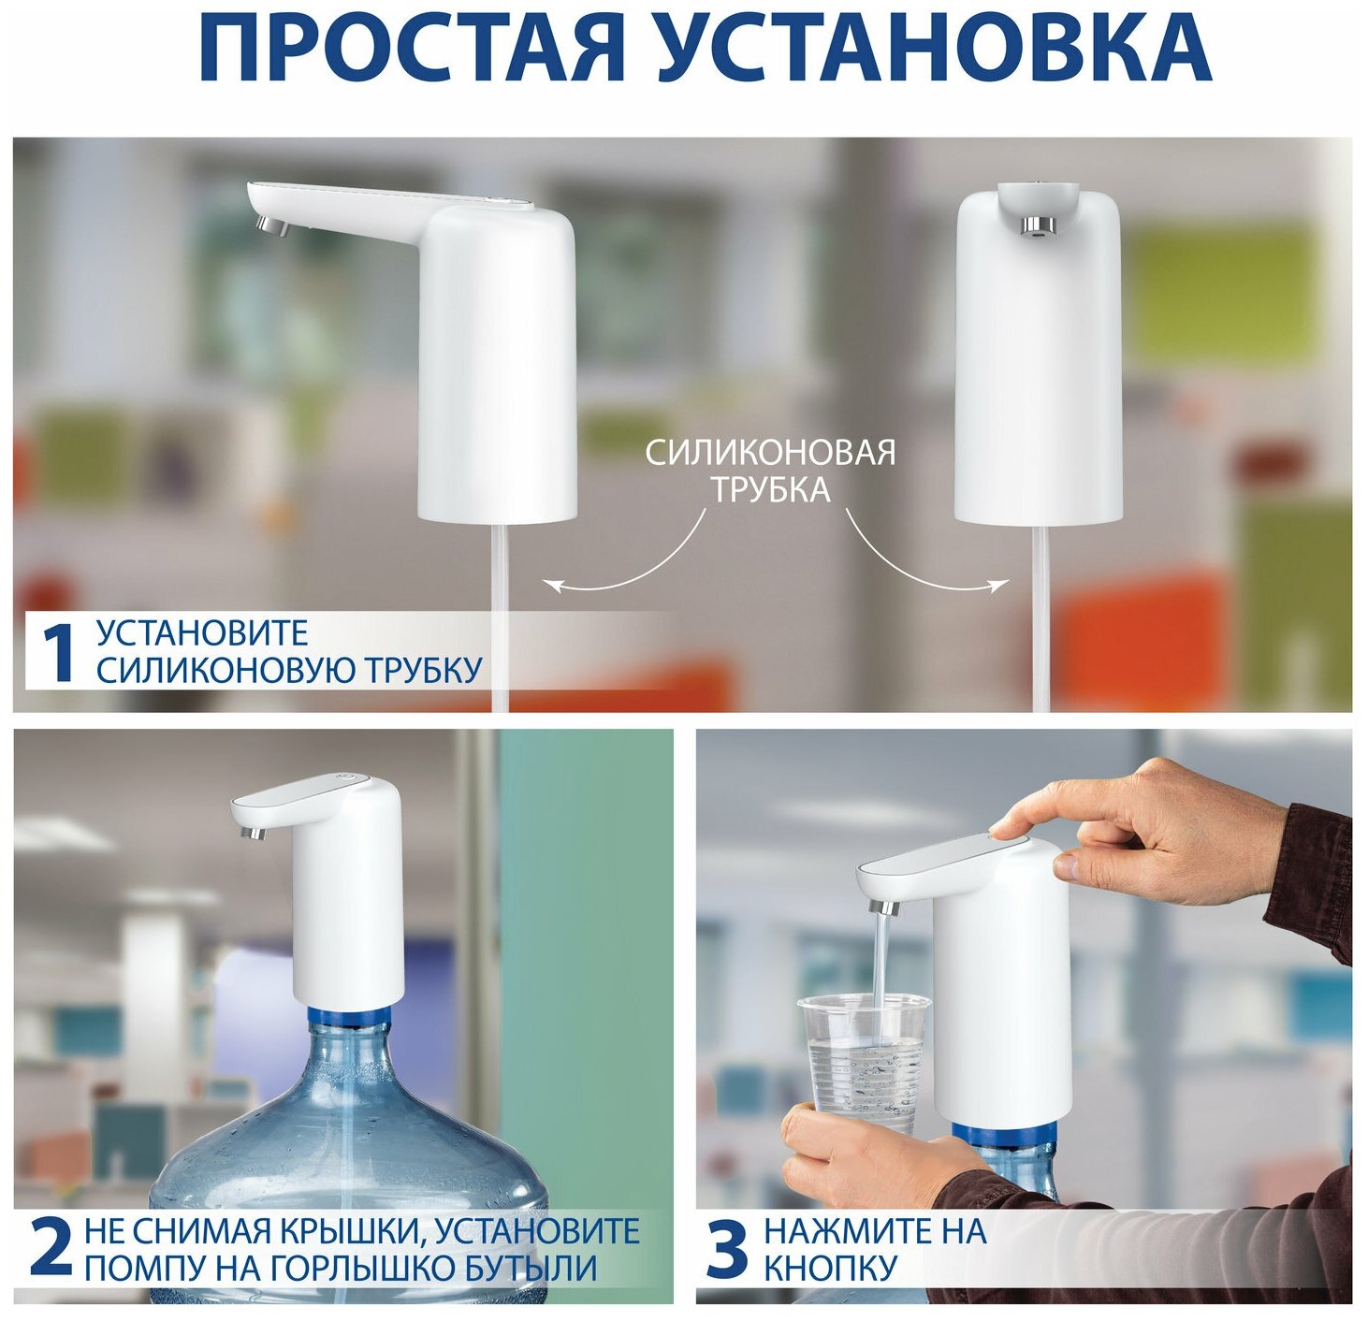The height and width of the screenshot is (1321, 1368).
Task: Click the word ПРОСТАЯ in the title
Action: [x=413, y=45]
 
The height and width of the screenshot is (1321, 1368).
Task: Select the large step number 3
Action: [x=726, y=1246]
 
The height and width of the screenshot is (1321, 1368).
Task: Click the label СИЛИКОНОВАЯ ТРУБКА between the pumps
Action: [x=771, y=471]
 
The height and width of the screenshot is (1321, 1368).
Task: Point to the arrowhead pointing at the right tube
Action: [x=999, y=584]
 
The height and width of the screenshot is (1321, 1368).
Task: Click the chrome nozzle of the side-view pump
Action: [x=272, y=226]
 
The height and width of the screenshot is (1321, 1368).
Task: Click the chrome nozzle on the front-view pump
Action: [x=1037, y=225]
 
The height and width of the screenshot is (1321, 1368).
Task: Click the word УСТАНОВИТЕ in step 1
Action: [x=202, y=633]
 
